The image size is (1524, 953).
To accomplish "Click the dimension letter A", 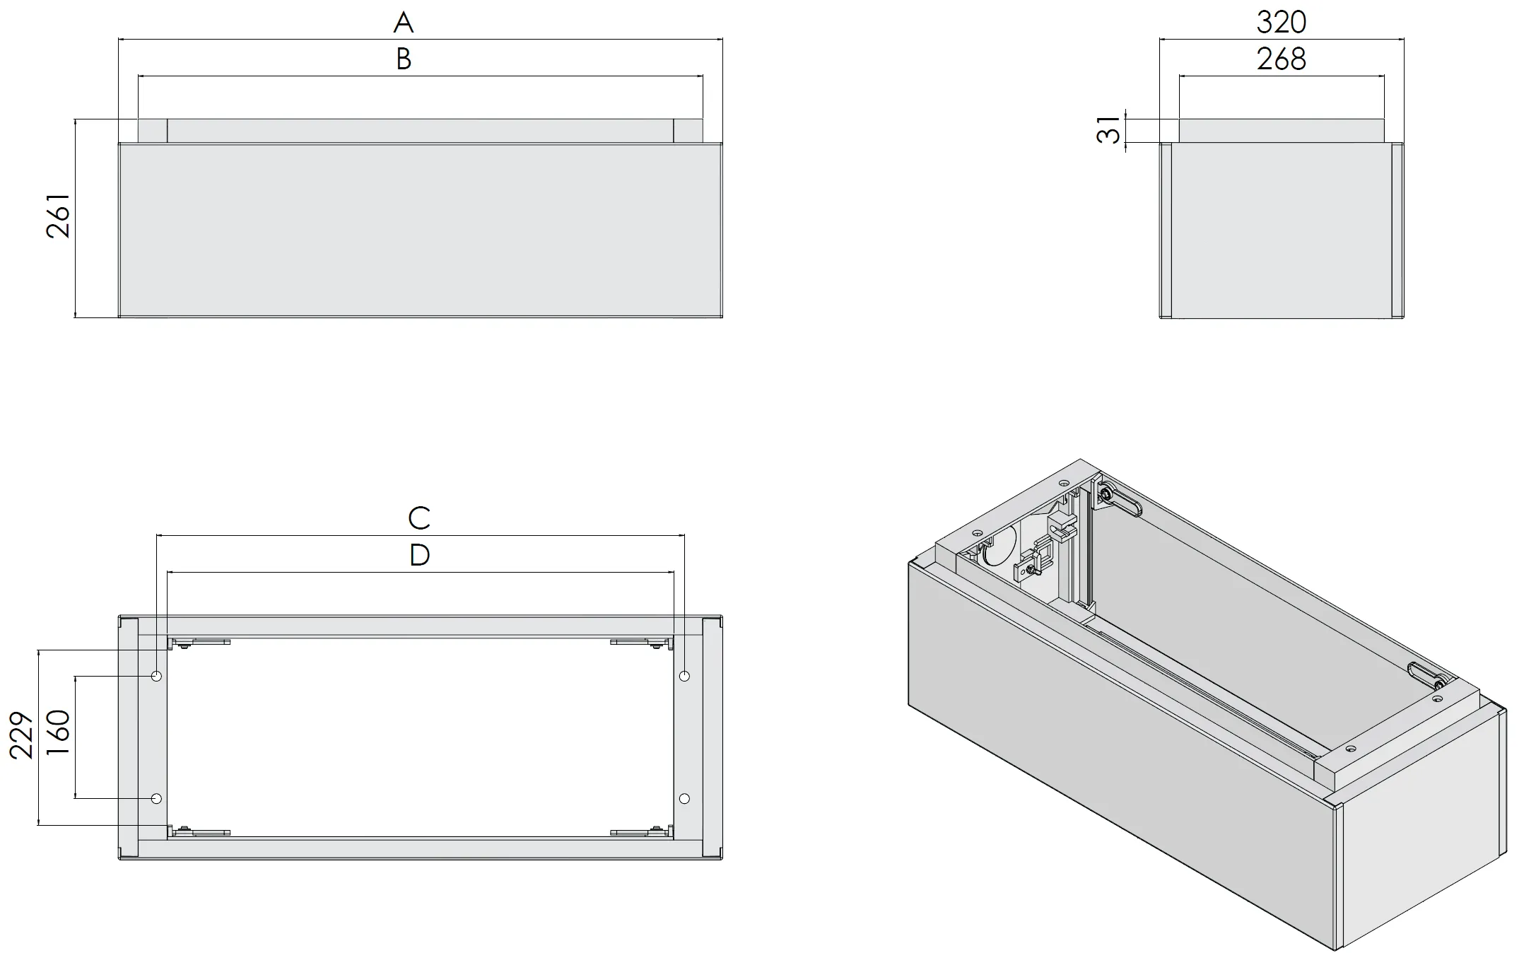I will [x=403, y=23].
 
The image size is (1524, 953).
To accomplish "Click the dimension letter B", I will [x=403, y=59].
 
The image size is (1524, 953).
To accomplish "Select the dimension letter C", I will [x=419, y=518].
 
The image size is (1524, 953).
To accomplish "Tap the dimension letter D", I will [x=419, y=555].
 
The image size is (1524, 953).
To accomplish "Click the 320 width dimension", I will [x=1281, y=23].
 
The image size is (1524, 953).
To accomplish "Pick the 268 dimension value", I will [x=1281, y=59].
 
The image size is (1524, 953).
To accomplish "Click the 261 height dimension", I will [x=59, y=216].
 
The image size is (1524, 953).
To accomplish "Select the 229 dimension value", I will [x=22, y=735].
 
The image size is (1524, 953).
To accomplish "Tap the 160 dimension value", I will [x=59, y=733].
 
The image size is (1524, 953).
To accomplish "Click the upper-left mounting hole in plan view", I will [x=157, y=677].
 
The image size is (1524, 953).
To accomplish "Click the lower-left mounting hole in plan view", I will [x=157, y=798].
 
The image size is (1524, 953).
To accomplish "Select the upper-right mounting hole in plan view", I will [x=684, y=677].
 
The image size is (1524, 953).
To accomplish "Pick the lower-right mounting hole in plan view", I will [x=684, y=798].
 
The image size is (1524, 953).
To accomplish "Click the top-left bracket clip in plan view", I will [x=199, y=643].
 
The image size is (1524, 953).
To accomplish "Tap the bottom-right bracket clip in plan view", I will [x=640, y=832].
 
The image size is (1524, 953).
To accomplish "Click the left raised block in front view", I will [x=152, y=131].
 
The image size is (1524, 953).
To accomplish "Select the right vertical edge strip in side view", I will [x=1397, y=230].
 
